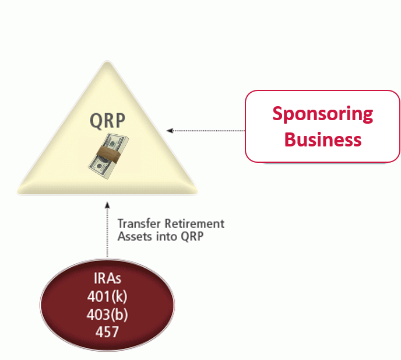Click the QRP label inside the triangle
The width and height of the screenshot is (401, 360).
[x=107, y=121]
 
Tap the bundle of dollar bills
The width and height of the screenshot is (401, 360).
[x=108, y=156]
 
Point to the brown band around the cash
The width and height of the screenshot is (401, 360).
[x=108, y=155]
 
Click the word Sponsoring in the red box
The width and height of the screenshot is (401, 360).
[x=322, y=114]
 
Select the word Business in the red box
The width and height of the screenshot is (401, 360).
[x=323, y=139]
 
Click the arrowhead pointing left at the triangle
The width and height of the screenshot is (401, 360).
[x=170, y=131]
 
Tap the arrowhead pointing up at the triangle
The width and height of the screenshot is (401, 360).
[x=107, y=205]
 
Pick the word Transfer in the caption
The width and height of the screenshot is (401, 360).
[x=139, y=223]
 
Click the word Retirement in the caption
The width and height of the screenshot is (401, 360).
[x=194, y=223]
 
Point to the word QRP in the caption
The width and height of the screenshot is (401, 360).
[x=192, y=236]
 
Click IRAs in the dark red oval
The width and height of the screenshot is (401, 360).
[x=107, y=278]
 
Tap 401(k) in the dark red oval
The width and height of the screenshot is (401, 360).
[x=107, y=296]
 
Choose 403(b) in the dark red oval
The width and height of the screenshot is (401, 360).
[x=107, y=314]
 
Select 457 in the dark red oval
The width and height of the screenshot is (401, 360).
[x=107, y=332]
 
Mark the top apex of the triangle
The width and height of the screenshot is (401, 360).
[x=107, y=61]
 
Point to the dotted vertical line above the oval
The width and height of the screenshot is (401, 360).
[x=107, y=230]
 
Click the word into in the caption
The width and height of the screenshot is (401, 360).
[x=167, y=236]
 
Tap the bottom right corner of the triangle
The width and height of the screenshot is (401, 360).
[x=197, y=193]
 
